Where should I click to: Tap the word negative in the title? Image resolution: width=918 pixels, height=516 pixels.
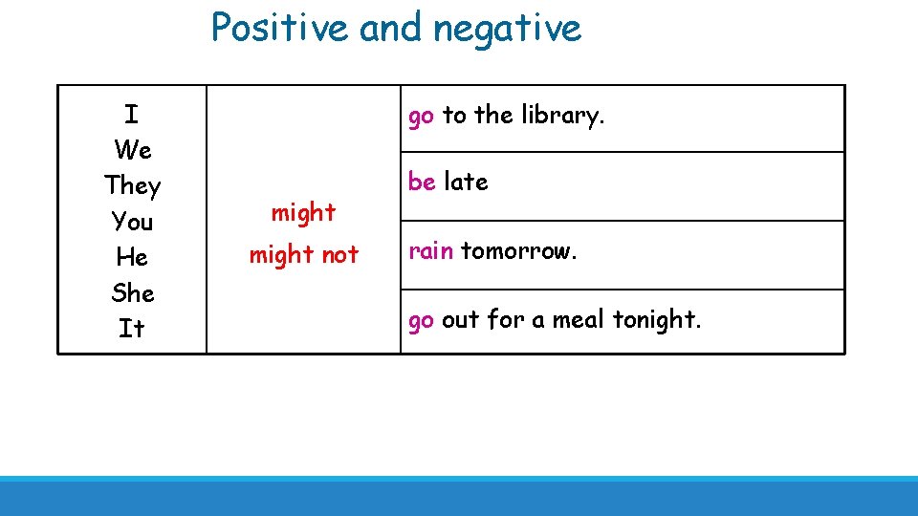tap(507, 27)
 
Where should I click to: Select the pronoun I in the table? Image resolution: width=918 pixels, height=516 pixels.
tap(132, 115)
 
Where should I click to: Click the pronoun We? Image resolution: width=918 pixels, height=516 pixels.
tap(132, 150)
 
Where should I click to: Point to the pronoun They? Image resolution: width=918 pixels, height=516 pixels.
tap(132, 185)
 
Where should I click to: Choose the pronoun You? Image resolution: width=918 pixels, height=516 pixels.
tap(132, 222)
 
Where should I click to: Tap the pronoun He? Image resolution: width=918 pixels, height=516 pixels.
tap(132, 257)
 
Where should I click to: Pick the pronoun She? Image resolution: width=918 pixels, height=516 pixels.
tap(132, 292)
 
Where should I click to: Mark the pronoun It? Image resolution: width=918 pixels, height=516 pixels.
tap(132, 329)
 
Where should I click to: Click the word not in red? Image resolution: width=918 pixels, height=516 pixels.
tap(339, 254)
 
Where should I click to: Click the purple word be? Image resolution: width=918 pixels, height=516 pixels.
tap(422, 182)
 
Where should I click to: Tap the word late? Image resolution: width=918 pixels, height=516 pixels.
tap(466, 182)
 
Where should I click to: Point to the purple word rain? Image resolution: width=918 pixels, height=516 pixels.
tap(430, 250)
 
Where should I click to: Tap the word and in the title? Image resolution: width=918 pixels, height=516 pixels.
tap(392, 27)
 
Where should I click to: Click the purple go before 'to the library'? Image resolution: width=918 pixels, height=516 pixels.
tap(422, 117)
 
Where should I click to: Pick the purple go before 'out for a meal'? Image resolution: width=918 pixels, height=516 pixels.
tap(422, 320)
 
